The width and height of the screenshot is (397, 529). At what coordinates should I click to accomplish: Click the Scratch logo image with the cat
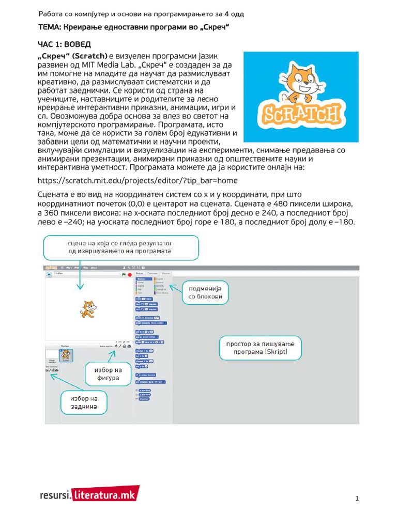(301, 97)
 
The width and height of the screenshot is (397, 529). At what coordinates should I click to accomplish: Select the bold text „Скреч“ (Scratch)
(73, 55)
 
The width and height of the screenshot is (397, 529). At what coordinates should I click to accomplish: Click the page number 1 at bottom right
(357, 499)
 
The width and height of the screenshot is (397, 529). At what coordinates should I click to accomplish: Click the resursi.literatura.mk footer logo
(88, 494)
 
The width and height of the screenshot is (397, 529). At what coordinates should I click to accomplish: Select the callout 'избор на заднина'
(83, 402)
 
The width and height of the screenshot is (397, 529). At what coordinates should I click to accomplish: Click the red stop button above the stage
(129, 275)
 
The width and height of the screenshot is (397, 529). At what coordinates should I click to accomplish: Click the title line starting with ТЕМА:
(133, 26)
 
